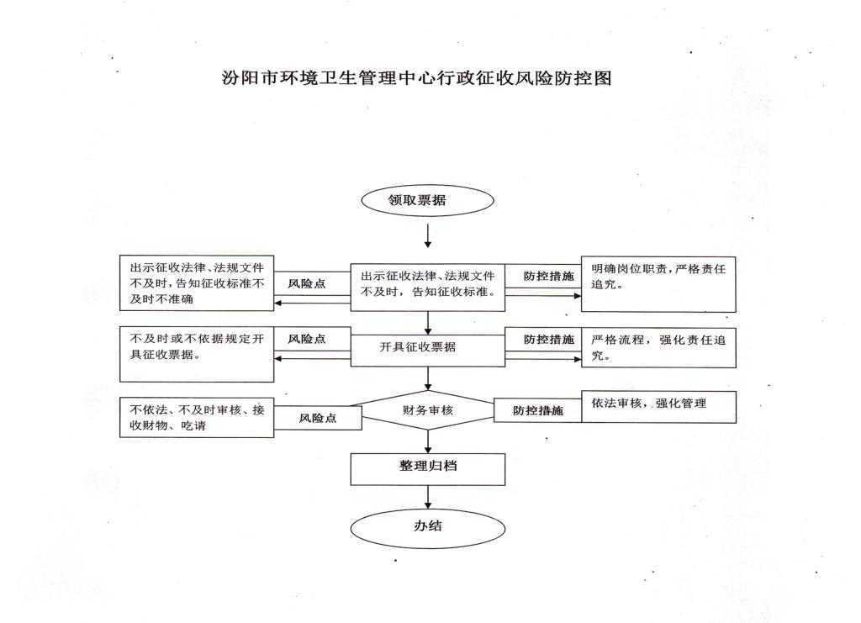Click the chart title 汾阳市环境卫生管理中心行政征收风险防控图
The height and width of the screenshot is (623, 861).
click(415, 79)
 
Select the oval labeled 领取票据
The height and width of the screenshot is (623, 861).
click(428, 201)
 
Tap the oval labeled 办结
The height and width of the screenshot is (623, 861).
click(428, 527)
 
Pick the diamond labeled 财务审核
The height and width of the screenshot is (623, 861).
click(428, 411)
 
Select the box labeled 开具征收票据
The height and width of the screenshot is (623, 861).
click(428, 347)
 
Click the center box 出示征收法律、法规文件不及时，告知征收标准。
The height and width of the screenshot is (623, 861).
click(428, 285)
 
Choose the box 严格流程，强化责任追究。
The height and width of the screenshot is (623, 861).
click(658, 346)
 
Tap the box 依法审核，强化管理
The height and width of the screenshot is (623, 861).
click(658, 405)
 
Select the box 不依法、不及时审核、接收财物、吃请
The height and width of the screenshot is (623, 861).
click(197, 417)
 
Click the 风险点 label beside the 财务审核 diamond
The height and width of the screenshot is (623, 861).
click(318, 418)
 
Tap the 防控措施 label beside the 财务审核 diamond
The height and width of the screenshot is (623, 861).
click(538, 411)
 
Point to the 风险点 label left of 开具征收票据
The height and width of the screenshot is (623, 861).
click(307, 339)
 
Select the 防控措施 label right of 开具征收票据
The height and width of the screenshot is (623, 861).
click(548, 339)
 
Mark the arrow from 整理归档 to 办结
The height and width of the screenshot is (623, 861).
click(428, 498)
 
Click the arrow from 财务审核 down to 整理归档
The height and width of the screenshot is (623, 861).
click(428, 441)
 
